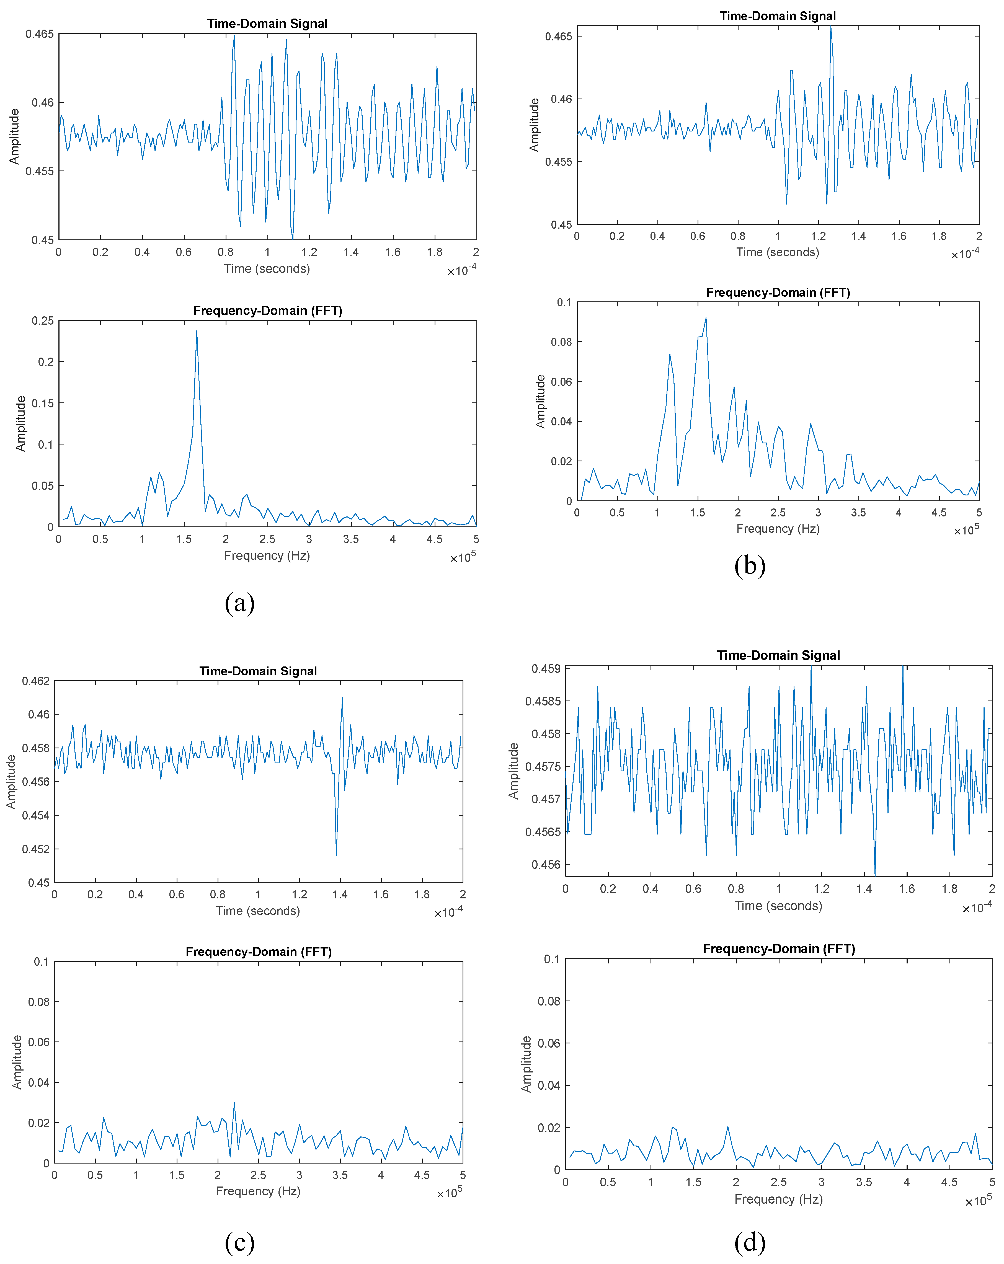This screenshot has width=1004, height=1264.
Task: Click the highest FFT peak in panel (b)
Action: pos(706,318)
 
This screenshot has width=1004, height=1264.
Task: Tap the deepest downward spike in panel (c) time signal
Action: pos(336,854)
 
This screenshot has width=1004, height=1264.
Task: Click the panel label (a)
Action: pos(239,603)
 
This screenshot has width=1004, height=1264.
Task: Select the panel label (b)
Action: pos(750,566)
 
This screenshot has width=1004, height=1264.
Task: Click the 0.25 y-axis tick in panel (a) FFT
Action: pos(42,321)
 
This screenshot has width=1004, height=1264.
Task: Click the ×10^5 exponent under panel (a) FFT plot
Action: pos(463,557)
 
